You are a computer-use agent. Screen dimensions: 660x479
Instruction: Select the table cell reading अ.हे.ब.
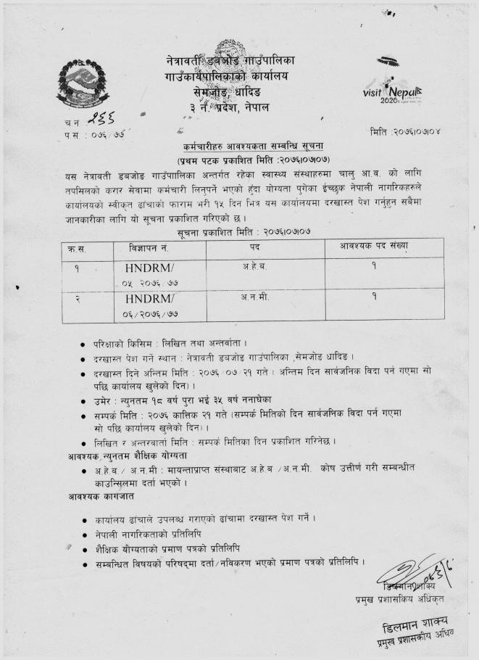(254, 266)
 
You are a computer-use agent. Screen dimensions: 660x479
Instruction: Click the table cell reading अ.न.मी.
(254, 297)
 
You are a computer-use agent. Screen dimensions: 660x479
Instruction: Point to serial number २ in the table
(76, 299)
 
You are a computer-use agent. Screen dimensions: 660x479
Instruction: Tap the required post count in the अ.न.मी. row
(373, 297)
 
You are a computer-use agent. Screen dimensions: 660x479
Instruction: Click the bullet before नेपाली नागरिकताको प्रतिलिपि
(85, 534)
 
